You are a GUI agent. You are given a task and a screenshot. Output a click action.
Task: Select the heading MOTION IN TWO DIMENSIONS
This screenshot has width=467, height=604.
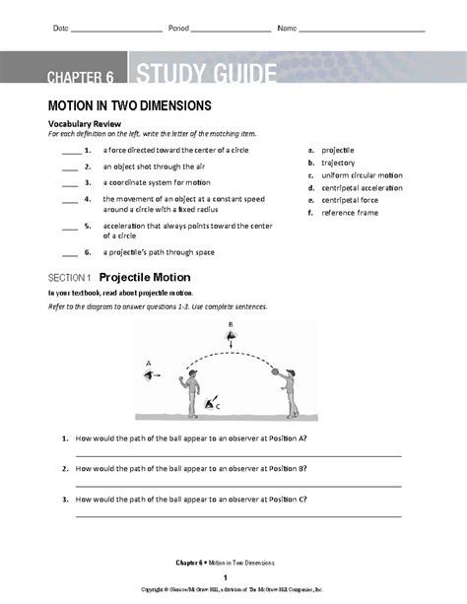point(130,104)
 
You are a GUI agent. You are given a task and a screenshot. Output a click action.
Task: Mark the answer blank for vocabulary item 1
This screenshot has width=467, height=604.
point(70,152)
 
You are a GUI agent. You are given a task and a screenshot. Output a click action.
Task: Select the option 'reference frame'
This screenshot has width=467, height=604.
point(350,212)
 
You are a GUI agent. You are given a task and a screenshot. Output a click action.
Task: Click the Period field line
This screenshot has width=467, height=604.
point(232,31)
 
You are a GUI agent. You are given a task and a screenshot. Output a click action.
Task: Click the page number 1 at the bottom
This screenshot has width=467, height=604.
point(226,576)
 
